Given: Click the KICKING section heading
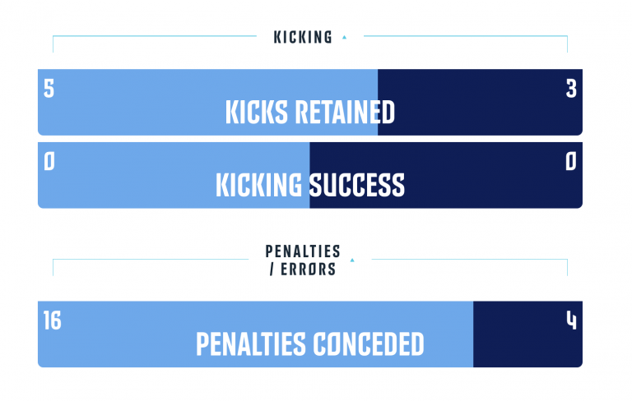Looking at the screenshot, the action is click(303, 38).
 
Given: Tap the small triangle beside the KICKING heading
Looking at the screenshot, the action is click(344, 38).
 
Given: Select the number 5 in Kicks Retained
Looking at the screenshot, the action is click(49, 89).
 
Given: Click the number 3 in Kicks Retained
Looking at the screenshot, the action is click(571, 89).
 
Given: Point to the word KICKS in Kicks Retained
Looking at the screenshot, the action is click(257, 112).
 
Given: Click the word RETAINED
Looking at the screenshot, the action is click(345, 112).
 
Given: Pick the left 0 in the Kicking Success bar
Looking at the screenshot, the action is click(49, 162).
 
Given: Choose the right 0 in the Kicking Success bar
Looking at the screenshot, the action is click(571, 162).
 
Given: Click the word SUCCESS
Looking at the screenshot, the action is click(356, 185).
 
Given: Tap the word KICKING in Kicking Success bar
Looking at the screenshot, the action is click(258, 185).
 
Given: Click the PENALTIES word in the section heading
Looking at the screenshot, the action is click(303, 251).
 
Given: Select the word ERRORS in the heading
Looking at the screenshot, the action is click(308, 270).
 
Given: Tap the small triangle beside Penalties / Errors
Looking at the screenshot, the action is click(352, 260).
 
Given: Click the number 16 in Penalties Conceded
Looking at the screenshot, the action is click(53, 320).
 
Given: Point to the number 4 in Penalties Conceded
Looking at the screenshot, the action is click(572, 320).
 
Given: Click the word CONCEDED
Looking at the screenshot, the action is click(369, 344).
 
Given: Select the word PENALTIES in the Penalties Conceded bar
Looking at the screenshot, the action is click(251, 344).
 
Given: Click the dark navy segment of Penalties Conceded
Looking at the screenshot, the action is click(527, 334).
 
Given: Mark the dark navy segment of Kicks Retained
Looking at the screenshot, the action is click(480, 102).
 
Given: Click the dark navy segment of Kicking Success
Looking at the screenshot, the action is click(446, 175).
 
